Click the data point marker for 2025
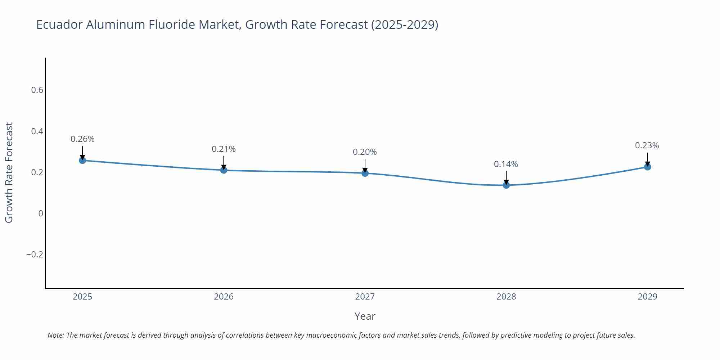point(82,160)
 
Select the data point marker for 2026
point(224,170)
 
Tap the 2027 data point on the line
point(365,173)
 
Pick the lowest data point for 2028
point(506,185)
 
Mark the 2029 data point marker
point(647,167)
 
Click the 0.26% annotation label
point(82,139)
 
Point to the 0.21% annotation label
point(224,149)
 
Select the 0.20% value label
point(365,152)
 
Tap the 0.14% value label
point(506,164)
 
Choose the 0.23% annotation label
point(647,145)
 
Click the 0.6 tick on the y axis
point(37,90)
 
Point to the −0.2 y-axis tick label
point(35,255)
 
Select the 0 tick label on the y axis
point(41,213)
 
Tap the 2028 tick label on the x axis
point(506,297)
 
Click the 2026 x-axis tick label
point(224,297)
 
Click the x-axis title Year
point(365,316)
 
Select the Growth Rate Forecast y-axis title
point(9,172)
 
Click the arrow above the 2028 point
point(506,177)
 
